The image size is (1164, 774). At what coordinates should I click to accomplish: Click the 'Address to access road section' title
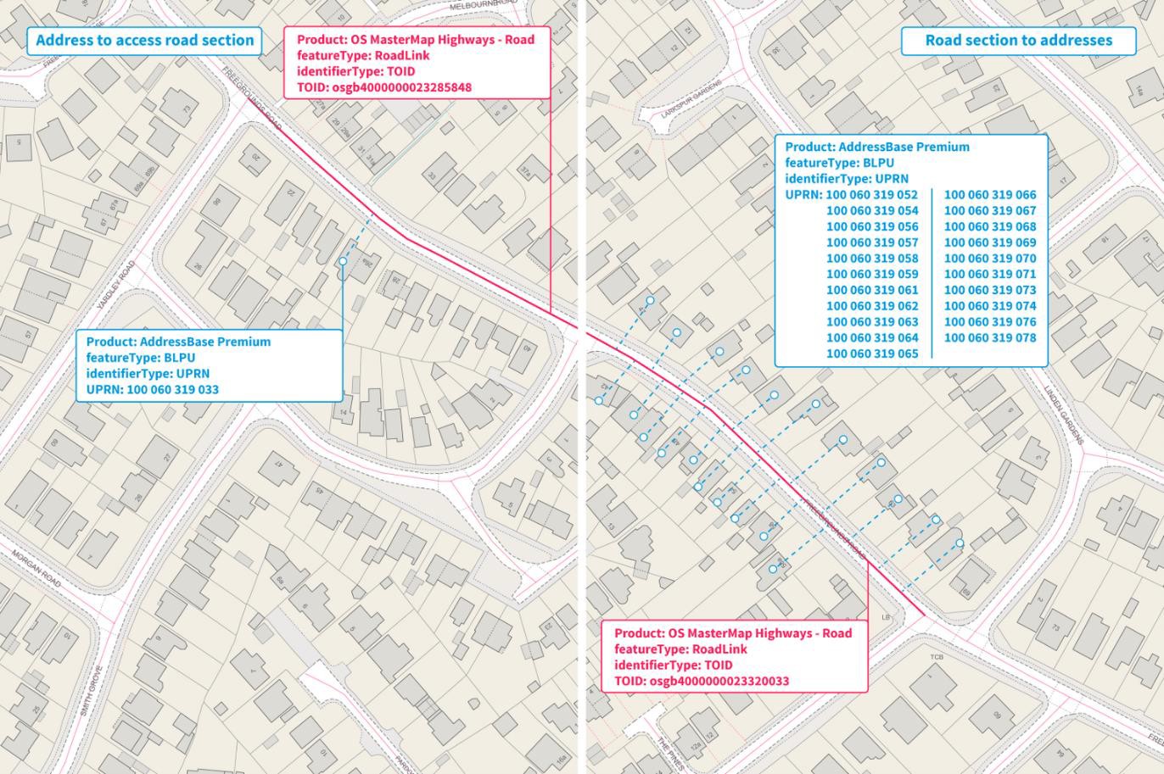pyautogui.click(x=144, y=40)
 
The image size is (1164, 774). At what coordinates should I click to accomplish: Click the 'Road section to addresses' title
pyautogui.click(x=1018, y=40)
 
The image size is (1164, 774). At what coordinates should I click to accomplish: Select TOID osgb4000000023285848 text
pyautogui.click(x=384, y=87)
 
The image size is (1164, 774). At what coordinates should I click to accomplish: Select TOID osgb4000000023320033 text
pyautogui.click(x=702, y=681)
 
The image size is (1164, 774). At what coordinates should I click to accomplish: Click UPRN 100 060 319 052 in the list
pyautogui.click(x=871, y=194)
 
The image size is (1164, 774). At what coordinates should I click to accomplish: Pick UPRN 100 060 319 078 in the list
pyautogui.click(x=989, y=337)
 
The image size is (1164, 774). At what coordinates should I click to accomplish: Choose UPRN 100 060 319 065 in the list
pyautogui.click(x=871, y=354)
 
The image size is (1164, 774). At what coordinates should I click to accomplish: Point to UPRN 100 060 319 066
pyautogui.click(x=989, y=194)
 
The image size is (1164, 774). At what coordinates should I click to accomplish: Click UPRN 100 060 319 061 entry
pyautogui.click(x=871, y=290)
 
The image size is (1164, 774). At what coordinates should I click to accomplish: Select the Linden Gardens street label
pyautogui.click(x=1064, y=415)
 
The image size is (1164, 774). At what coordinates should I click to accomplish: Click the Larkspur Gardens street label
pyautogui.click(x=691, y=99)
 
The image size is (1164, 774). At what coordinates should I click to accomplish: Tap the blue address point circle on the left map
pyautogui.click(x=343, y=261)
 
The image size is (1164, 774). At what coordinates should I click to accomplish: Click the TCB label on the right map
pyautogui.click(x=937, y=657)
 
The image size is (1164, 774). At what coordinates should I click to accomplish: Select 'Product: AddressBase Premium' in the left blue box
pyautogui.click(x=178, y=342)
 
